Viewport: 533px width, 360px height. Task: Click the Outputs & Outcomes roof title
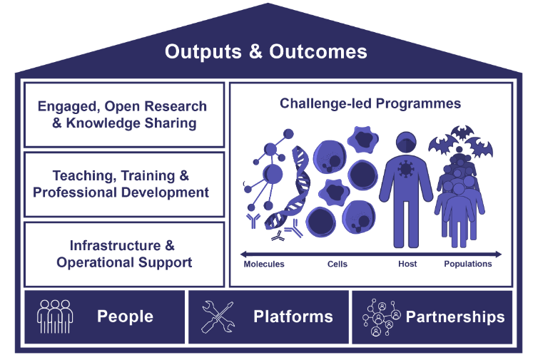click(266, 51)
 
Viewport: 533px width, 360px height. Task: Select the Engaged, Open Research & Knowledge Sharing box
click(124, 115)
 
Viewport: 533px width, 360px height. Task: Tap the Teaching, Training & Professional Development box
click(124, 185)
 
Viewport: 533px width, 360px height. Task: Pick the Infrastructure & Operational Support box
click(124, 254)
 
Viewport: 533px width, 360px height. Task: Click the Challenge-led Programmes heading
click(370, 103)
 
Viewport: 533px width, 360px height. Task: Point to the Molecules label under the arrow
click(264, 264)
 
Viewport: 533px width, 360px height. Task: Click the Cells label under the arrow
click(337, 264)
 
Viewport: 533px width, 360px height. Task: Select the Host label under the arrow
click(407, 264)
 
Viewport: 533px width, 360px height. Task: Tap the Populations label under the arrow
click(468, 264)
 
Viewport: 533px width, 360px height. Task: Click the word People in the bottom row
click(125, 317)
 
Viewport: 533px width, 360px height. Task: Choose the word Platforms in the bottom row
click(293, 317)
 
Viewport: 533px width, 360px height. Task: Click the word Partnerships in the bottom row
click(455, 317)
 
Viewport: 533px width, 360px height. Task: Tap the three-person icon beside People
click(55, 317)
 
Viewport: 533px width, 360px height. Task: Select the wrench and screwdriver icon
click(218, 317)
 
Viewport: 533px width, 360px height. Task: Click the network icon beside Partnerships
click(382, 317)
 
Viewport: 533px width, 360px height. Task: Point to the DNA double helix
click(289, 187)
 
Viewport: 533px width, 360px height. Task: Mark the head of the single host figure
click(406, 143)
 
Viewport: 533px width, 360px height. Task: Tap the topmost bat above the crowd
click(462, 133)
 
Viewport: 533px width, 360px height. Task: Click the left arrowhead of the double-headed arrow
click(243, 254)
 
